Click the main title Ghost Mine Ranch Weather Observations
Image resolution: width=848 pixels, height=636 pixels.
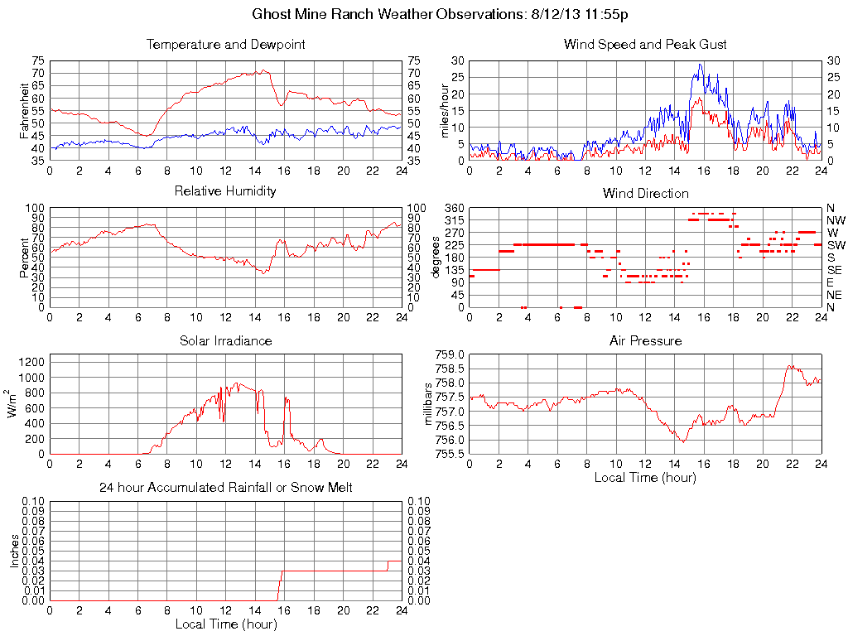click(439, 15)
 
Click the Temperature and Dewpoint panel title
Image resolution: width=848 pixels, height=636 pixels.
click(225, 45)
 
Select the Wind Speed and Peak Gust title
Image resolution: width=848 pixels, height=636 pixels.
click(645, 45)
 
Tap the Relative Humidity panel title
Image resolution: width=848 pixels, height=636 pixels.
click(225, 191)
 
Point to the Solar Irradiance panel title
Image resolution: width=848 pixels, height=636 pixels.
click(225, 341)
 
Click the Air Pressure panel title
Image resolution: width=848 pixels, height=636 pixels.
click(645, 341)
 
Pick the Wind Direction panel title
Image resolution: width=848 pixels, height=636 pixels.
click(645, 194)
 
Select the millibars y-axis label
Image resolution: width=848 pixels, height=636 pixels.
click(429, 403)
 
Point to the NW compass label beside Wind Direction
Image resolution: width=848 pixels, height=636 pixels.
click(835, 220)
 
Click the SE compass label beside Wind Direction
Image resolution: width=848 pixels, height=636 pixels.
click(834, 270)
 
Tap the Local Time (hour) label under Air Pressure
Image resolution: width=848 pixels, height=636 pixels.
click(645, 478)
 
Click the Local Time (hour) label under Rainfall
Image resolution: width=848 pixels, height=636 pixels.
click(225, 624)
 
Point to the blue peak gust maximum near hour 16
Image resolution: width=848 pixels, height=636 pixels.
click(700, 65)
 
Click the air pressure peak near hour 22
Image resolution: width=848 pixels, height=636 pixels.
click(790, 365)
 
